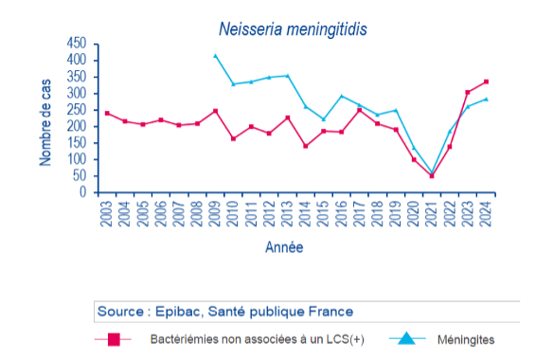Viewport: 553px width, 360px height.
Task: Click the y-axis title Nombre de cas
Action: tap(45, 118)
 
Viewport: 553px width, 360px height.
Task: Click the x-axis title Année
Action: tap(284, 248)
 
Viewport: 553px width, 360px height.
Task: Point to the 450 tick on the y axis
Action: tap(77, 44)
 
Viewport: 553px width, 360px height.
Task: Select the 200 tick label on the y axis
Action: tap(77, 127)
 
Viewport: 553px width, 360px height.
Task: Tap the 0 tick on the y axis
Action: tap(82, 193)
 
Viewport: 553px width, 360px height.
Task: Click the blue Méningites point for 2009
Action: tap(215, 56)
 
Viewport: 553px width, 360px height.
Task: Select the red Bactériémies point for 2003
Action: tap(107, 113)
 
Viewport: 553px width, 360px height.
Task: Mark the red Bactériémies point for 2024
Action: tap(486, 81)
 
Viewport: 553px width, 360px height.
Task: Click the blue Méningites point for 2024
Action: tap(486, 99)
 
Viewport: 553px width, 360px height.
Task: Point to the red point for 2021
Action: tap(432, 176)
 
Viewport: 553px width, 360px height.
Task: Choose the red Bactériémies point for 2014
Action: tap(306, 146)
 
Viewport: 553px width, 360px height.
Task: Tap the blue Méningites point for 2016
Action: tap(342, 96)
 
